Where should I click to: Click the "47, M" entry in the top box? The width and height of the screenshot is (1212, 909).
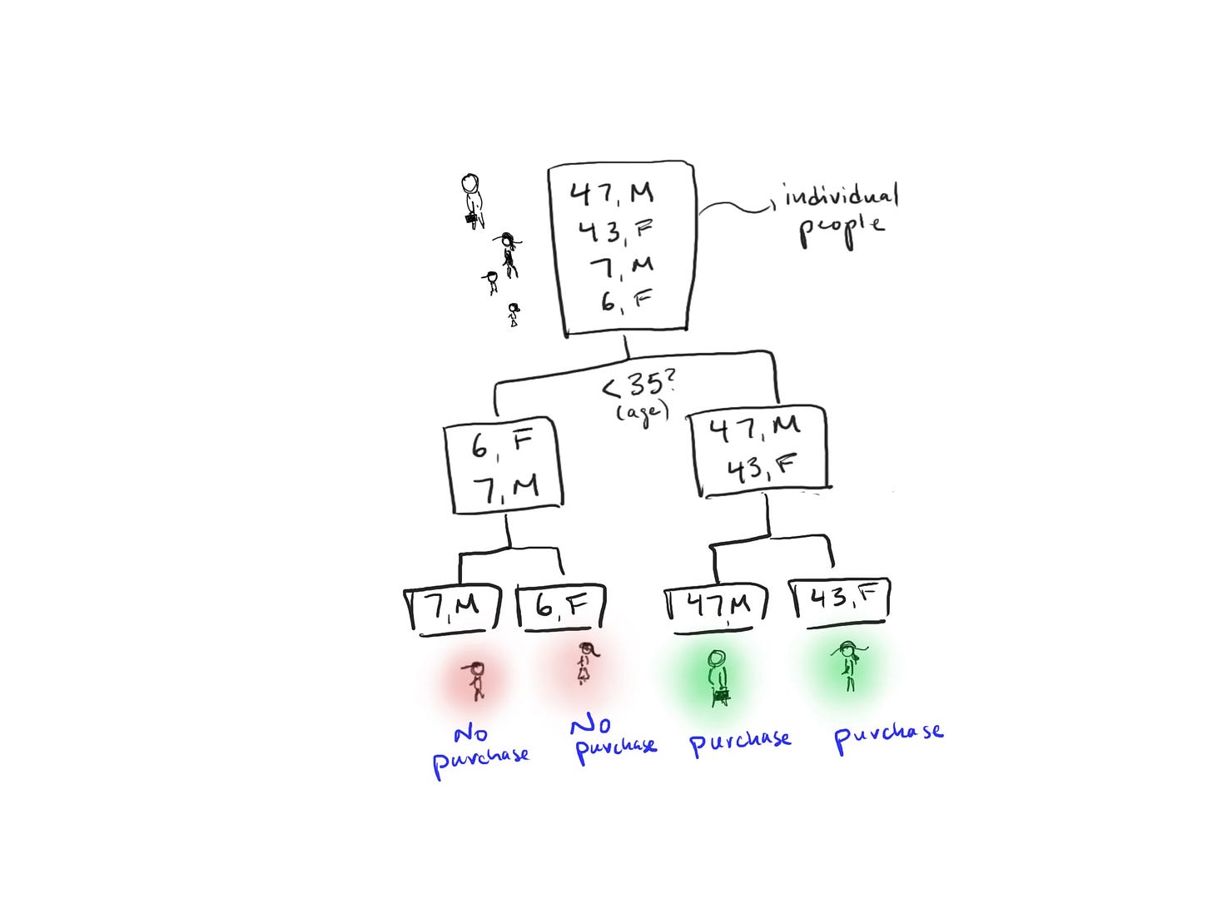[x=612, y=193]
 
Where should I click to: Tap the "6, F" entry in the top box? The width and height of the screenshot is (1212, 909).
[x=625, y=301]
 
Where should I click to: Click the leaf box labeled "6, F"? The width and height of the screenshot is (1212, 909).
[x=561, y=608]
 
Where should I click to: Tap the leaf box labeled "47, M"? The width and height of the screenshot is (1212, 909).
[x=717, y=606]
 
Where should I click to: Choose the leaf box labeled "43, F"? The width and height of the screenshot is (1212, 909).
[x=839, y=599]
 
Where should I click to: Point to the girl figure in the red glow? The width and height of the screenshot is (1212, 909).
[x=584, y=663]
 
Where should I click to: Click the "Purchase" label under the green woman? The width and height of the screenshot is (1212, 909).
[x=888, y=736]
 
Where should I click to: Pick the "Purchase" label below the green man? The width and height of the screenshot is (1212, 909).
[x=740, y=742]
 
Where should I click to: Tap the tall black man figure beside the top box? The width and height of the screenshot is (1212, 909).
[x=472, y=200]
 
